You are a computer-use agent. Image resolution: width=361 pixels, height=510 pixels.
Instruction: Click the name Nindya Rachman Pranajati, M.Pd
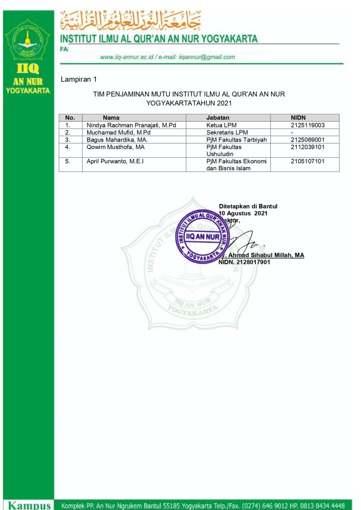pos(131,126)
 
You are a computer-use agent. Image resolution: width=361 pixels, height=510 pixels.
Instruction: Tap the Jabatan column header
pos(217,118)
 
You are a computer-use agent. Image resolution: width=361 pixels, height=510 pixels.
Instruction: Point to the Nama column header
pos(111,118)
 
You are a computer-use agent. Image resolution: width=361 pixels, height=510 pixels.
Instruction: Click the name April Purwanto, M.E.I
pos(115,161)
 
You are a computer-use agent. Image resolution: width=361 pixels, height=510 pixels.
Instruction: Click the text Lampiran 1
pos(78,79)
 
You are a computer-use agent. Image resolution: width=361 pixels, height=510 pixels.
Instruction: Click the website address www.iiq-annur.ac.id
pos(128,57)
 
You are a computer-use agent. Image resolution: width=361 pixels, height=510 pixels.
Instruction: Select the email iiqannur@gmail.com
pos(209,57)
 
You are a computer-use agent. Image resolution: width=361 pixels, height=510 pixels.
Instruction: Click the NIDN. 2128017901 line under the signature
pos(244,262)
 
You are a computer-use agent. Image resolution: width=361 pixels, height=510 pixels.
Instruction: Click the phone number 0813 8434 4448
pos(322,506)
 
